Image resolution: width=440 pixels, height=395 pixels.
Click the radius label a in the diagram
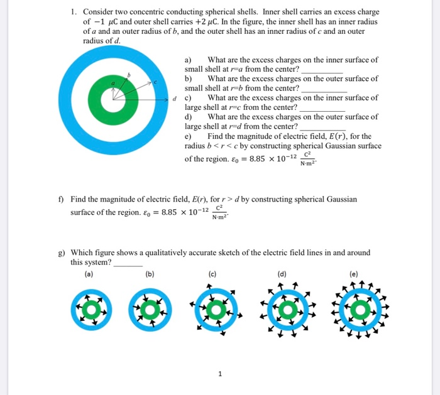(113, 83)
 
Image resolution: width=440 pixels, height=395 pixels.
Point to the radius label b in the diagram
(129, 75)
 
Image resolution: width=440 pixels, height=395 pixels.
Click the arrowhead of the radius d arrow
(170, 99)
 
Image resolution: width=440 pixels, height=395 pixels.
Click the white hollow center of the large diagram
(113, 99)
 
